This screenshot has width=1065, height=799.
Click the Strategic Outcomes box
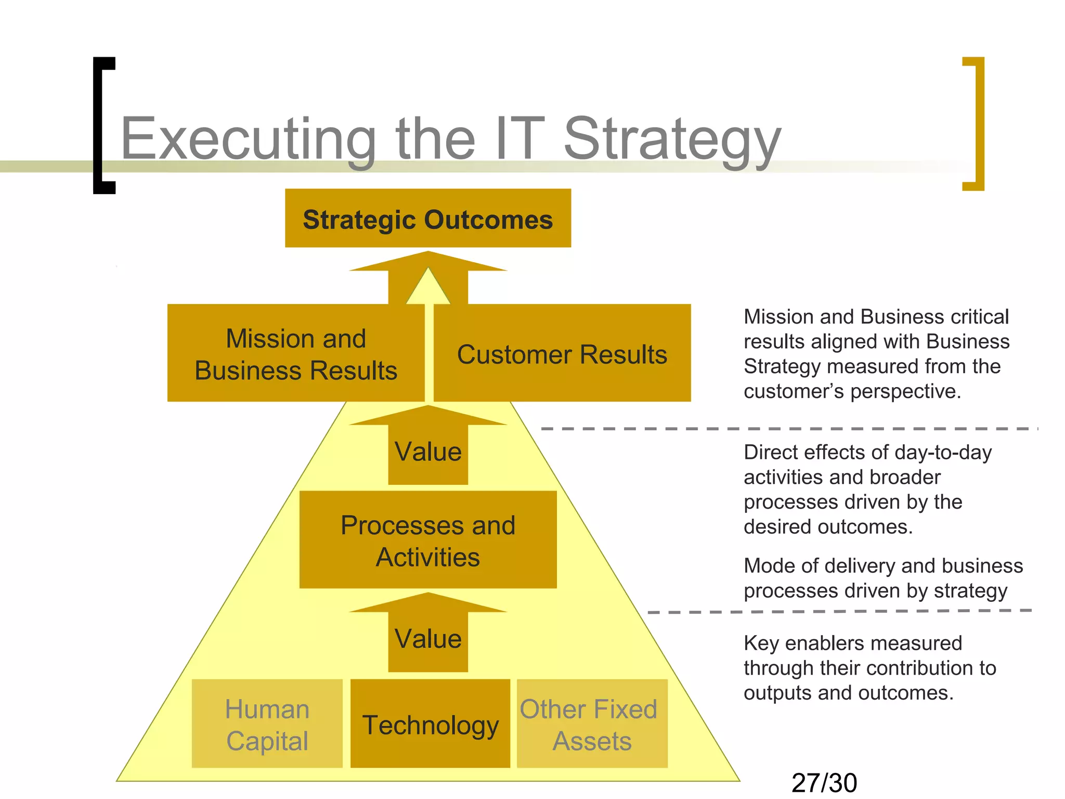click(427, 218)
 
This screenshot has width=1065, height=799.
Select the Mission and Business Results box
click(295, 354)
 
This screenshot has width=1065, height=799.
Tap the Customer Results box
click(562, 354)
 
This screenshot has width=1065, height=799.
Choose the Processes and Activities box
click(427, 540)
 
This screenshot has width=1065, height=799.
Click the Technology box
click(430, 724)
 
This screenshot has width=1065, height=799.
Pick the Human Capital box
click(267, 724)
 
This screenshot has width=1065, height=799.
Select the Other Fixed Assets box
click(592, 724)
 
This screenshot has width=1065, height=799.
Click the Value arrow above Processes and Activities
click(427, 450)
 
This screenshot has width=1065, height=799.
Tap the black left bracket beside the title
click(103, 125)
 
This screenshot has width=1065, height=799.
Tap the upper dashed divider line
click(789, 429)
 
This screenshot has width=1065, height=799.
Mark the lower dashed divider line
click(839, 612)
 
